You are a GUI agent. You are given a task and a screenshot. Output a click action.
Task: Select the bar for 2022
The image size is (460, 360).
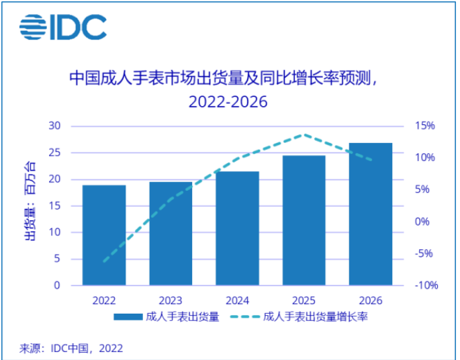click(104, 235)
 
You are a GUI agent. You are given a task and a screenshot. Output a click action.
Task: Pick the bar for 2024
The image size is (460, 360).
click(237, 228)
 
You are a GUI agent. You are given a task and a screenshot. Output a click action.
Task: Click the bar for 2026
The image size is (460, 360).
click(370, 214)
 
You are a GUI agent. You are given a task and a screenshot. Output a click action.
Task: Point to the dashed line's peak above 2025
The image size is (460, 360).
click(304, 134)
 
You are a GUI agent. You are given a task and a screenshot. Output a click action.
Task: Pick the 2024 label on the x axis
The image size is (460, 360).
click(237, 300)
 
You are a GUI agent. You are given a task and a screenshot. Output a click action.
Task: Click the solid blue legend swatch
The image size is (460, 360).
click(128, 317)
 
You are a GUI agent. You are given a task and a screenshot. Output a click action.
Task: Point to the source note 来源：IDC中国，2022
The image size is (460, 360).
click(71, 348)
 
